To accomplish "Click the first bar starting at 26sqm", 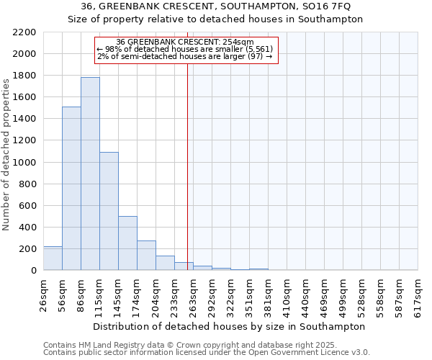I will [x=53, y=258].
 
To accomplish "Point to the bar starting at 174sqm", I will [x=146, y=256].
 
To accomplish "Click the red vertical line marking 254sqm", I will [x=187, y=158].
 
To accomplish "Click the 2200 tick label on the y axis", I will [x=24, y=32].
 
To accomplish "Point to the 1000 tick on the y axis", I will [x=24, y=163].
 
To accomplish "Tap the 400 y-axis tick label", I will [x=27, y=228].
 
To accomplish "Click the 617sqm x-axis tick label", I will [x=418, y=294].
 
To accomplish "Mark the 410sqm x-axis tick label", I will [x=287, y=294].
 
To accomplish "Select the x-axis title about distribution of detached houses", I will [x=230, y=326].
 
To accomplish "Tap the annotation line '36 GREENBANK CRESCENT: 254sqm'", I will [x=185, y=42].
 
